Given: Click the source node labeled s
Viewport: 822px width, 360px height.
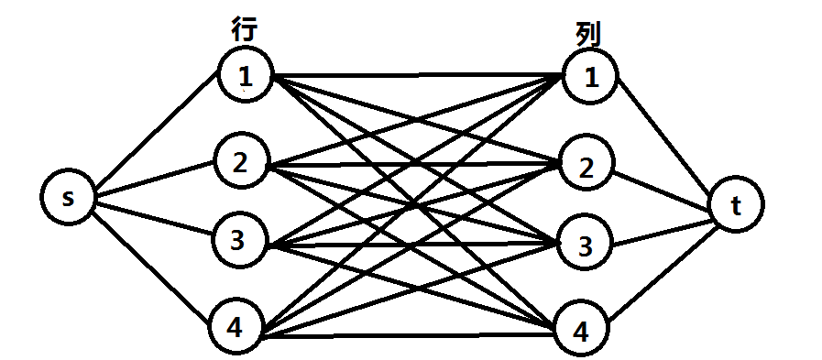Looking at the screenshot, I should point(69,199).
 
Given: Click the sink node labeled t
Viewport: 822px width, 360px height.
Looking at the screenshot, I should point(736,207).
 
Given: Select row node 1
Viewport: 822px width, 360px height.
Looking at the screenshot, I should point(246,76).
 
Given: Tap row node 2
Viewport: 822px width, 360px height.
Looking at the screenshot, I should point(240,163).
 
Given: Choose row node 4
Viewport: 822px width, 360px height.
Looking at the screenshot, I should point(235,327).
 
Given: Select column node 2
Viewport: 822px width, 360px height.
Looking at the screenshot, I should point(585,166).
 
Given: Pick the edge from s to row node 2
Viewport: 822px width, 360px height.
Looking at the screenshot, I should point(154,180).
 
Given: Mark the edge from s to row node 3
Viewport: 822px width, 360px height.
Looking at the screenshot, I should point(154,220).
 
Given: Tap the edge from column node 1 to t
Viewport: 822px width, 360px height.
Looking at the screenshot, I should point(667,137).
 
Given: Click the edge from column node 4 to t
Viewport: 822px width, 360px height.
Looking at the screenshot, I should point(662,273).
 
